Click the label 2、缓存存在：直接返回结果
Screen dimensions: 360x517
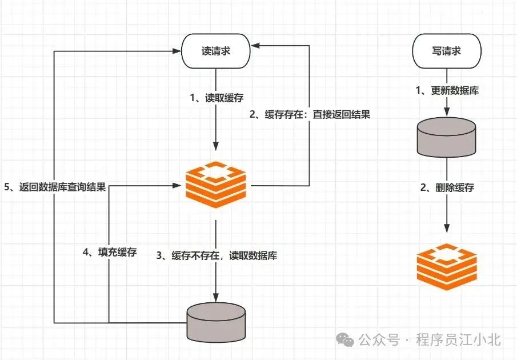[310, 114]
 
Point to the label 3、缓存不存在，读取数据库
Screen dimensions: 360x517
[217, 255]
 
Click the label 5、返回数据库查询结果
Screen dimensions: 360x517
[54, 187]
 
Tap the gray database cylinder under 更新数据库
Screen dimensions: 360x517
[446, 138]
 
